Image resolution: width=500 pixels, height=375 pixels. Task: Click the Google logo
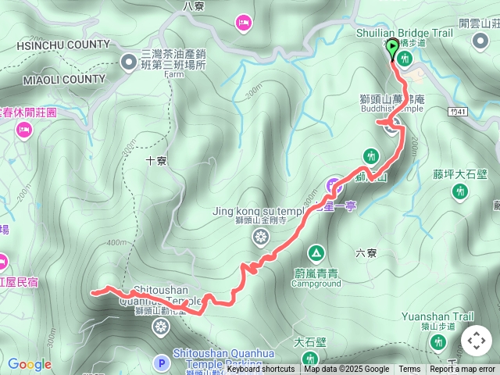(29, 364)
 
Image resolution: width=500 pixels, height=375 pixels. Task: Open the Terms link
(409, 370)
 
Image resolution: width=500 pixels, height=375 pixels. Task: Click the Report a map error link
(463, 370)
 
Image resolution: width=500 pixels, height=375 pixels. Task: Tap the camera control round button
(477, 341)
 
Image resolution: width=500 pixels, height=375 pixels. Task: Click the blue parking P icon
(162, 362)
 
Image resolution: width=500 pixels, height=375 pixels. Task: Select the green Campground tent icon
(316, 253)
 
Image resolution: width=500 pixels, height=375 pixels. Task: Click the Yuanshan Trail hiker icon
(437, 341)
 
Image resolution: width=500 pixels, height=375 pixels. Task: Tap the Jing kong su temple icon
(260, 237)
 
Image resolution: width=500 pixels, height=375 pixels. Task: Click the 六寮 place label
(366, 253)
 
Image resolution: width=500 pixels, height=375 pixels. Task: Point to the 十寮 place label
(156, 161)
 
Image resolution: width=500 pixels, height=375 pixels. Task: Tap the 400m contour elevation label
(117, 242)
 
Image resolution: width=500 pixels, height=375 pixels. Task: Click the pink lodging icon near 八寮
(243, 23)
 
